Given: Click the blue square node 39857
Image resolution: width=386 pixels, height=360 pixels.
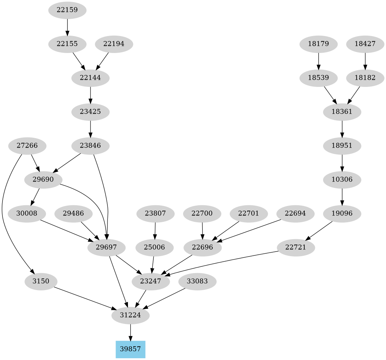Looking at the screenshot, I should pos(130,349).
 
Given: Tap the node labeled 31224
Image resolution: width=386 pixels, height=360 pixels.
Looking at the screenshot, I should pos(130,315).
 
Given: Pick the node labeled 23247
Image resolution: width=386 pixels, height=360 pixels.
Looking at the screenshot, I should pos(151,282).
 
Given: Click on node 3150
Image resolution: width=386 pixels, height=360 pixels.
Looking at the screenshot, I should pos(41,282).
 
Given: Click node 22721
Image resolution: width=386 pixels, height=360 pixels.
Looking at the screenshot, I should pos(296,247).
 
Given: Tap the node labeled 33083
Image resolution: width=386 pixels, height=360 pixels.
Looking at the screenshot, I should pos(197,282).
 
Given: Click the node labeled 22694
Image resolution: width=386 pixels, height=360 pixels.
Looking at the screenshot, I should pos(296,213).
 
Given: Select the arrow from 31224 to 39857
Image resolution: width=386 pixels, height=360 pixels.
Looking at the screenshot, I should pos(130,332).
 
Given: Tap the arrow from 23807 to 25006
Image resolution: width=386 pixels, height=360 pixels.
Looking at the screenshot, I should pos(155,230).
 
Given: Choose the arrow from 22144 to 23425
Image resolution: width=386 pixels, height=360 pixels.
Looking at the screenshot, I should pos(90,95).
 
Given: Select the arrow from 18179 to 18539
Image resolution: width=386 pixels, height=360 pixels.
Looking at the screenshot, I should pos(319,61).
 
